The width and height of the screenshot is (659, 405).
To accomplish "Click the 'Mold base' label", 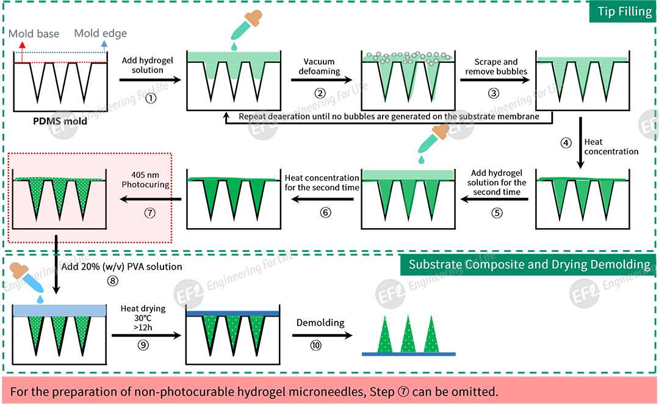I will coord(34,34).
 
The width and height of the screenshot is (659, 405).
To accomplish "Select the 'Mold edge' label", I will coord(101,34).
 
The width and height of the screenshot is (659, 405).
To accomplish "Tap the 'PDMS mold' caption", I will coord(60,121).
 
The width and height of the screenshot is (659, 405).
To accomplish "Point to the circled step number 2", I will coord(320,93).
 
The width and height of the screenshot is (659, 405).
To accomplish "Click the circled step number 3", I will coord(494,93).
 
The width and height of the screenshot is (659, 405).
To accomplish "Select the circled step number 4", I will coord(567,143).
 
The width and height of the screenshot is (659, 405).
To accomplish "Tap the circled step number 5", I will coord(497,213).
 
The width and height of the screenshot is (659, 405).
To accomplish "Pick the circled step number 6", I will coord(326,213).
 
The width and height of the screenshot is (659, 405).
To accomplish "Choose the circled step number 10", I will coord(315,346).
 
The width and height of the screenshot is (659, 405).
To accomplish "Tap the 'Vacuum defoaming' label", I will coord(319,66).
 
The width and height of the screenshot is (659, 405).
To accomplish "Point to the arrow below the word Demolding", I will coord(323,335).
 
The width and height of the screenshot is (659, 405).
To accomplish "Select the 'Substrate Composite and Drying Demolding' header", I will coord(529,264).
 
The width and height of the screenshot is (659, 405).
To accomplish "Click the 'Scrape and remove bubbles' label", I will coord(495,66).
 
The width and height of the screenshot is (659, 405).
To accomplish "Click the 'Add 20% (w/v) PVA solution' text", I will coord(121,267).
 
